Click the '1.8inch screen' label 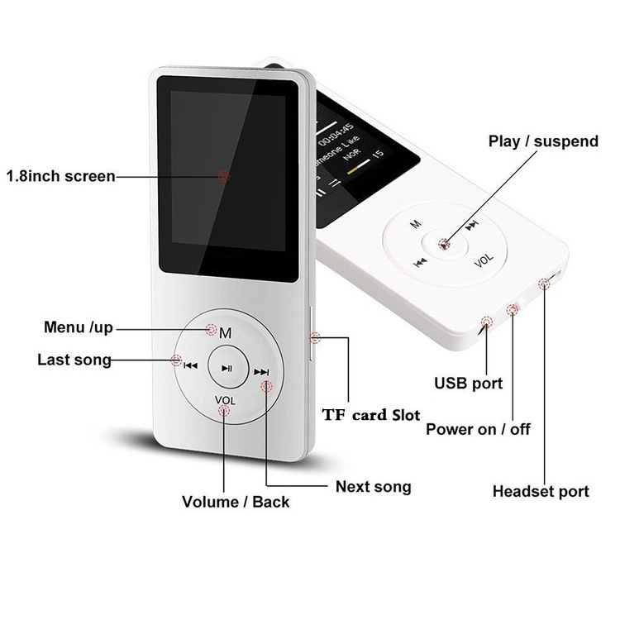point(60,176)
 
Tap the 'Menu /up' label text point(79,327)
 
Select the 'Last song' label point(74,360)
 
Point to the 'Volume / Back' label point(236,502)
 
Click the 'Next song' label point(374,487)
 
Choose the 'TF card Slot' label point(371,415)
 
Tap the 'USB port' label point(468,383)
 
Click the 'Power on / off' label point(478,429)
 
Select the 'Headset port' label point(541,492)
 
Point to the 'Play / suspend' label point(543,141)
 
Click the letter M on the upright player point(226,333)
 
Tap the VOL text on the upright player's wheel point(225,400)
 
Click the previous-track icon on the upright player point(191,365)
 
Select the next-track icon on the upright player point(261,372)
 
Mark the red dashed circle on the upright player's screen point(224,176)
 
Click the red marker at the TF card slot point(315,337)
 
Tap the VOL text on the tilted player point(484,260)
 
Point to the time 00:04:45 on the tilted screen point(336,135)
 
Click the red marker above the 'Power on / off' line point(513,310)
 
